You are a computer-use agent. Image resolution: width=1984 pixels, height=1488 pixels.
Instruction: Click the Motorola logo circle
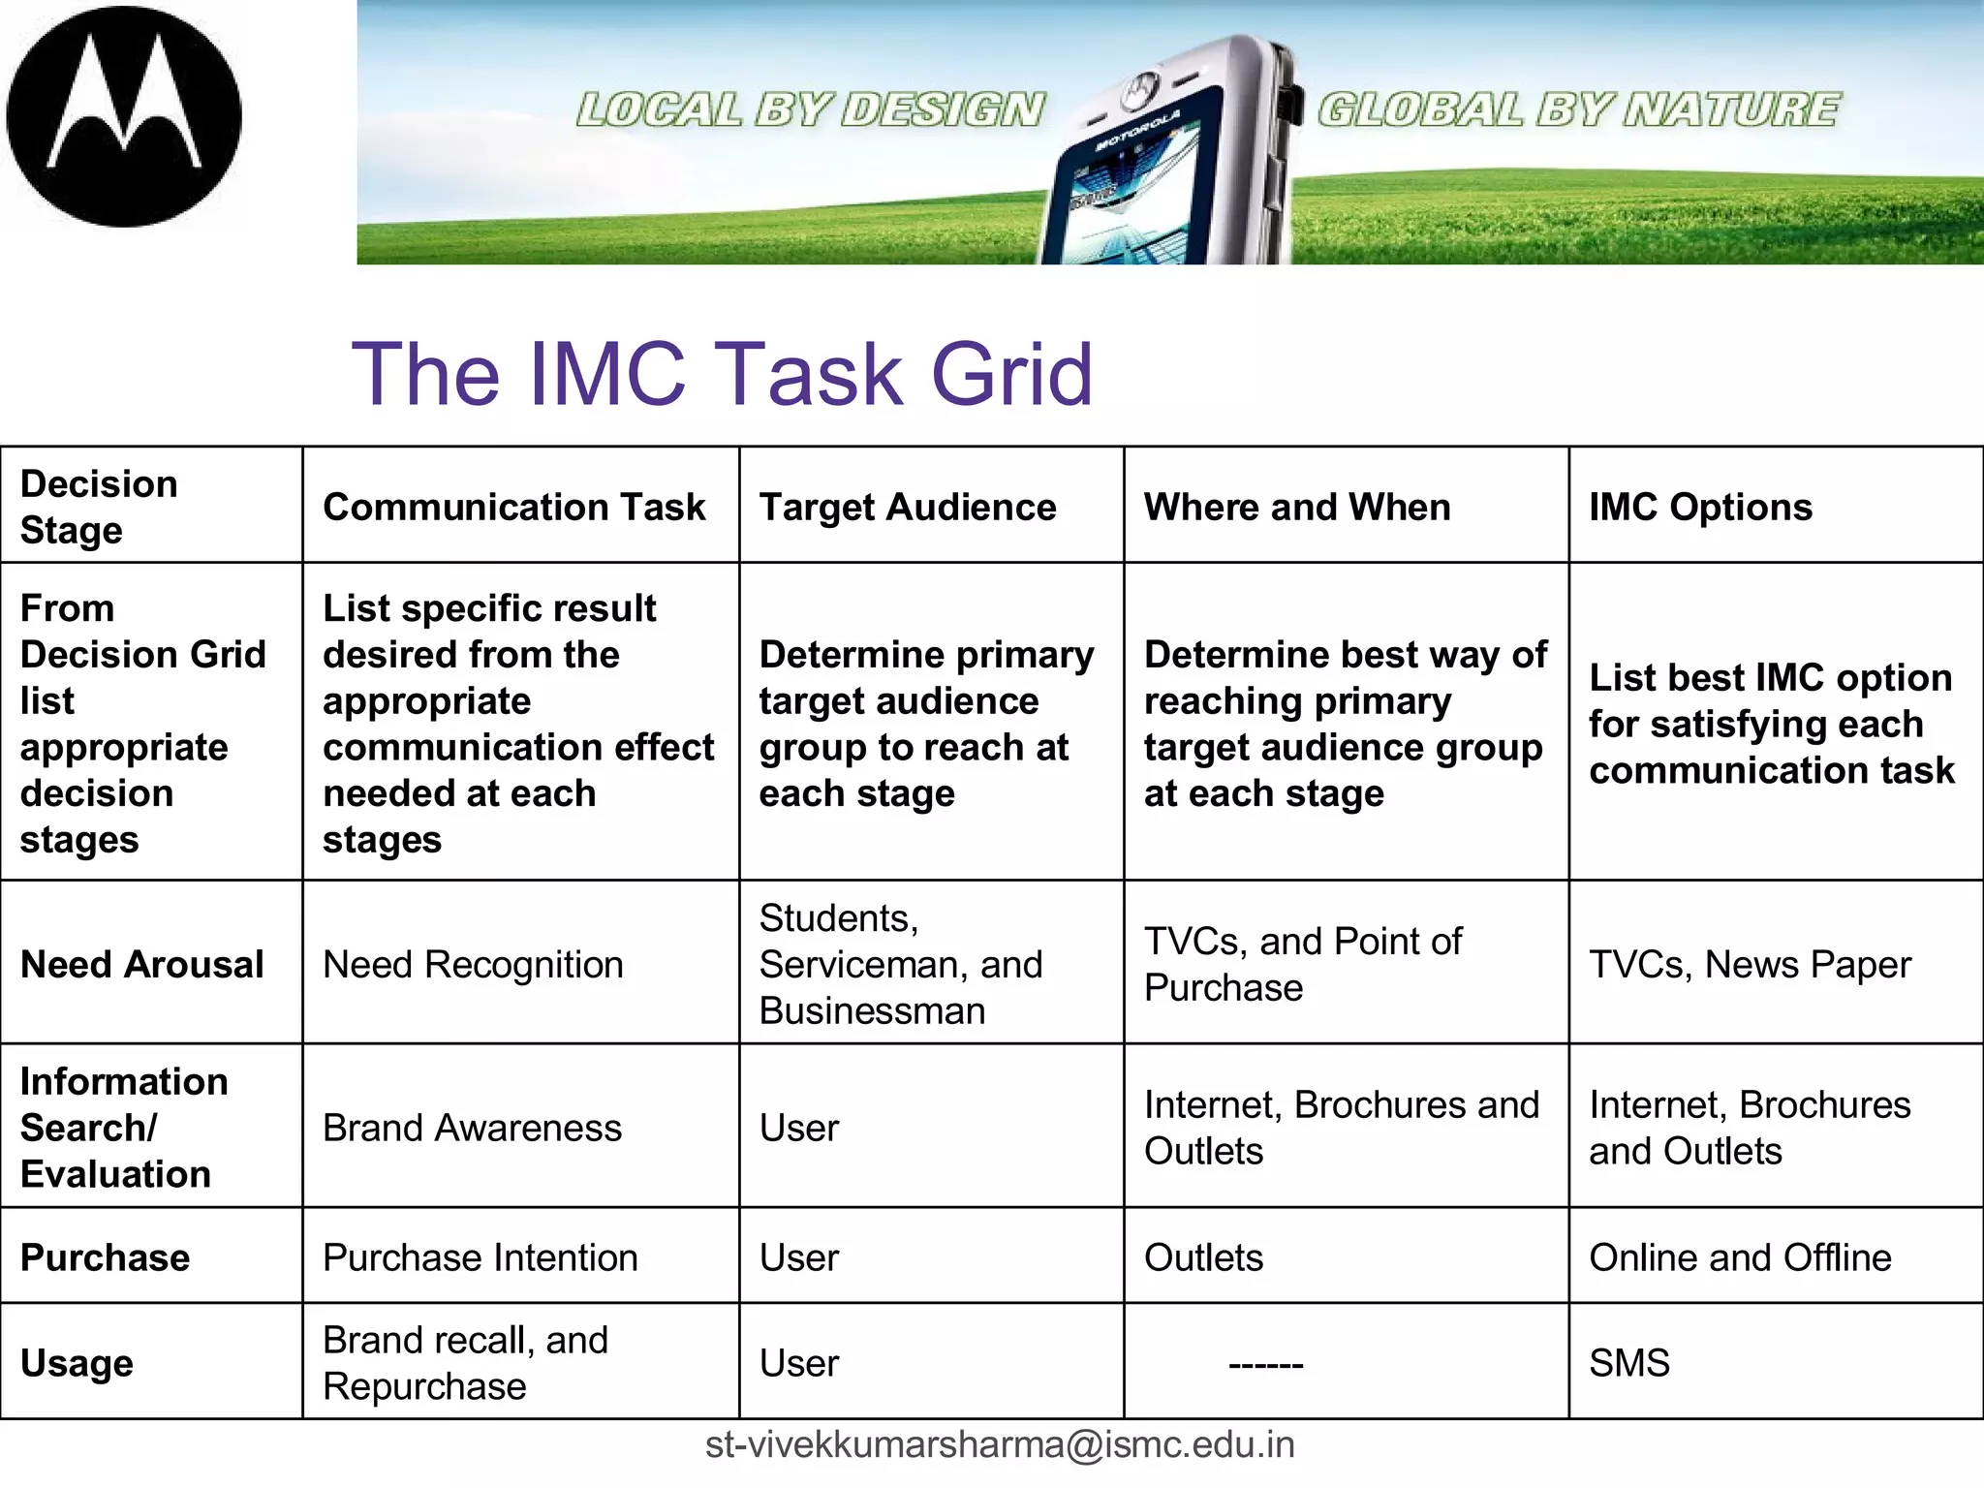click(x=124, y=116)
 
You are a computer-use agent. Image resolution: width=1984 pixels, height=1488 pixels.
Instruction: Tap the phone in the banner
click(x=1172, y=155)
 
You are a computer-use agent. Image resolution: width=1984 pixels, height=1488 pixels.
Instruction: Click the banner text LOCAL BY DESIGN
click(x=810, y=109)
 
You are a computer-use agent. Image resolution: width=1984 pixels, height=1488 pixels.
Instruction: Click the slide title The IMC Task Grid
click(x=722, y=374)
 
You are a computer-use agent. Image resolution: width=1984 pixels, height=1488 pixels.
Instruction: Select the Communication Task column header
click(x=513, y=507)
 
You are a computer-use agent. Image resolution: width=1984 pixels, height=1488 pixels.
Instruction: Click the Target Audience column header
click(x=907, y=507)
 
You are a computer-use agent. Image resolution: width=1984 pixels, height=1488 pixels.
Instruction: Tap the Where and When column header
click(x=1296, y=507)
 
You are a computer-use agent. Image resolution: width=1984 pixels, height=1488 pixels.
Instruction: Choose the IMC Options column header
click(x=1700, y=507)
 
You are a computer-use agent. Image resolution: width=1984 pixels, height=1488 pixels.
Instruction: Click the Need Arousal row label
click(x=141, y=964)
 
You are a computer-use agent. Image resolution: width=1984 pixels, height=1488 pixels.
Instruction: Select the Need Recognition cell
click(x=473, y=964)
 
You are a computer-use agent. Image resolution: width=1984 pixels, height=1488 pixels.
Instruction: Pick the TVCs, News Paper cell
click(x=1750, y=964)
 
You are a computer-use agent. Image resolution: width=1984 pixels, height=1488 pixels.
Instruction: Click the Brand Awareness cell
click(x=472, y=1128)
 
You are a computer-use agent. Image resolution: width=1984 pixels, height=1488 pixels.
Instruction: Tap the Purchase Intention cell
click(x=480, y=1257)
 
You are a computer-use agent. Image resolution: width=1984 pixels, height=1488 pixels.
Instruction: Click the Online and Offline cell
click(x=1740, y=1257)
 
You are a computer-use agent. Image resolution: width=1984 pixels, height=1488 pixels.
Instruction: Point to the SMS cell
click(x=1629, y=1363)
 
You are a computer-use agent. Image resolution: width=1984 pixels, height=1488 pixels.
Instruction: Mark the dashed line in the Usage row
click(x=1265, y=1364)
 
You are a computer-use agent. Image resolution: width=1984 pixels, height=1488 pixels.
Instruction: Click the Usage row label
click(x=77, y=1363)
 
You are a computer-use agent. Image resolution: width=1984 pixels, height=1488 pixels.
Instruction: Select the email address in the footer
click(x=1000, y=1444)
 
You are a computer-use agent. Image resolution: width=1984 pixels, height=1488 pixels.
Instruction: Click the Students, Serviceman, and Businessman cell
click(x=901, y=964)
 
